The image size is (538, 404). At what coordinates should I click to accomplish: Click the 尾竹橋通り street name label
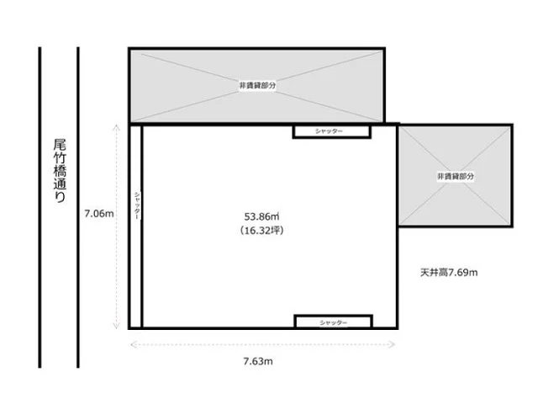(59, 171)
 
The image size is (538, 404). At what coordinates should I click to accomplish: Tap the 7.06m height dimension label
(98, 213)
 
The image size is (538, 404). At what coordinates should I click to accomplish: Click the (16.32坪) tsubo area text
(261, 230)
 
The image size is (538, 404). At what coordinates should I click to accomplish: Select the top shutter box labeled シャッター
(331, 131)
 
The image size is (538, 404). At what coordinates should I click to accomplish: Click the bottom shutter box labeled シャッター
(333, 322)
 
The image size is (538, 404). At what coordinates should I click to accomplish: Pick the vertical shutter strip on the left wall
(135, 226)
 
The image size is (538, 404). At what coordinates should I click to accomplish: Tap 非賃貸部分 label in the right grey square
(455, 176)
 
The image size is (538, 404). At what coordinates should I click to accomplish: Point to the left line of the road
(40, 207)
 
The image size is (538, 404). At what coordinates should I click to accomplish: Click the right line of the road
(78, 207)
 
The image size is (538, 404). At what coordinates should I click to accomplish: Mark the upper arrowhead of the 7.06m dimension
(114, 126)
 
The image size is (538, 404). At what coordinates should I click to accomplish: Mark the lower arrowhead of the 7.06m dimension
(114, 327)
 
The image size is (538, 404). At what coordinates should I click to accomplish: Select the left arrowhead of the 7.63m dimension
(132, 343)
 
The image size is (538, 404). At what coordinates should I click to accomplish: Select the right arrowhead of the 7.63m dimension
(395, 343)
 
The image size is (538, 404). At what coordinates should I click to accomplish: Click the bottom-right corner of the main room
(396, 327)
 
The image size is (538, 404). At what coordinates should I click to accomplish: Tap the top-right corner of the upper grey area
(382, 49)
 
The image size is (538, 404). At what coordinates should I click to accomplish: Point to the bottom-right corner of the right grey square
(511, 226)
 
